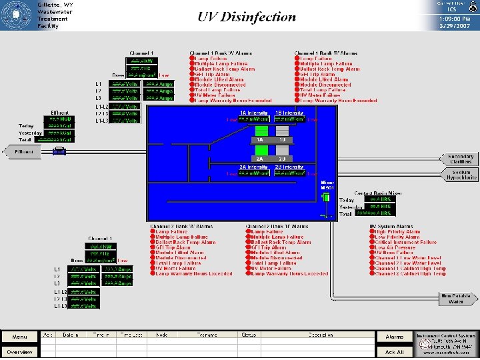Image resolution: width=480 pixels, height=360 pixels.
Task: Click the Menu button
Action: [19, 337]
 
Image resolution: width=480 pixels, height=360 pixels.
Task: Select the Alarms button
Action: [395, 337]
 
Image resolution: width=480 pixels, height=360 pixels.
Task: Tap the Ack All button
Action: [395, 352]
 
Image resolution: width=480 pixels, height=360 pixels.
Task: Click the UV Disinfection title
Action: [247, 17]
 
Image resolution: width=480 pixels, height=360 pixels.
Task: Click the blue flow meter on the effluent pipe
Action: [60, 152]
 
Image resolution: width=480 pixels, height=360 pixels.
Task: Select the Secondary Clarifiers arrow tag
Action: [459, 159]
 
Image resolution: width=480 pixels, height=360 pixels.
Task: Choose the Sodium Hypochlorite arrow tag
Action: [459, 175]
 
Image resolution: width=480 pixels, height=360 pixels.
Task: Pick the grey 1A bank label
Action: [261, 140]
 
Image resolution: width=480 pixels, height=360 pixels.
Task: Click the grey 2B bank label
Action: [282, 159]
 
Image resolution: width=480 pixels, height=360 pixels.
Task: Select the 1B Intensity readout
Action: [290, 120]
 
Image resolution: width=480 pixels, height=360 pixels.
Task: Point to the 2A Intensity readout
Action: [254, 173]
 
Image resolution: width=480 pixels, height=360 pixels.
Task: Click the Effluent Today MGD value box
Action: [59, 119]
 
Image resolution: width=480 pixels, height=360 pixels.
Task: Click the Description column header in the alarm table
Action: [321, 335]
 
